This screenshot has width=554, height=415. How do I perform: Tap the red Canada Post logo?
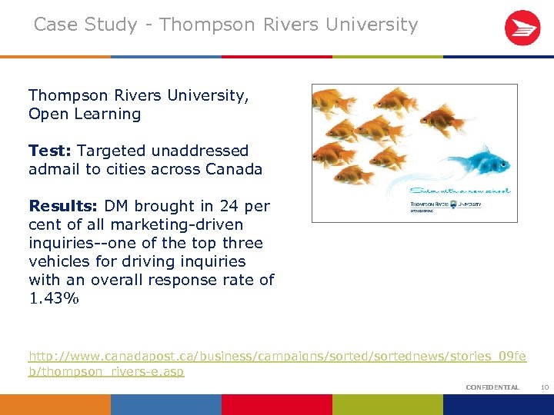click(x=522, y=28)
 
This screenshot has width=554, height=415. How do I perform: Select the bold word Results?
click(x=63, y=206)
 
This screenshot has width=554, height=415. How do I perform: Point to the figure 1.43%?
click(x=54, y=298)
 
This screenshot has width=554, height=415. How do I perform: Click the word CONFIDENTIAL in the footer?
click(x=492, y=387)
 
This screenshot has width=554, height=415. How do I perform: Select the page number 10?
click(x=544, y=387)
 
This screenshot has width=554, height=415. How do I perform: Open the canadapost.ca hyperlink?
click(x=277, y=357)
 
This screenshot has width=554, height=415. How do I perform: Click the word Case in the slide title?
click(x=55, y=25)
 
